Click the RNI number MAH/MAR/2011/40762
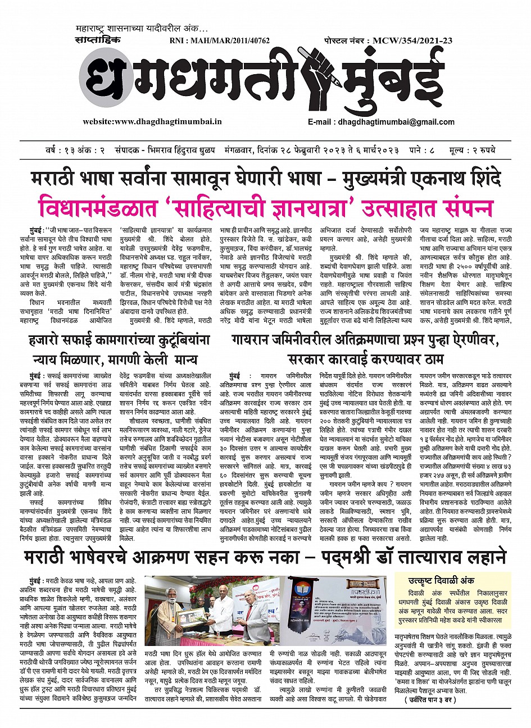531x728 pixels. (x=219, y=41)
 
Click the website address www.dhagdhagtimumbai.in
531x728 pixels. (x=152, y=121)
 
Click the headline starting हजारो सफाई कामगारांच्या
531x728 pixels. (x=119, y=340)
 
